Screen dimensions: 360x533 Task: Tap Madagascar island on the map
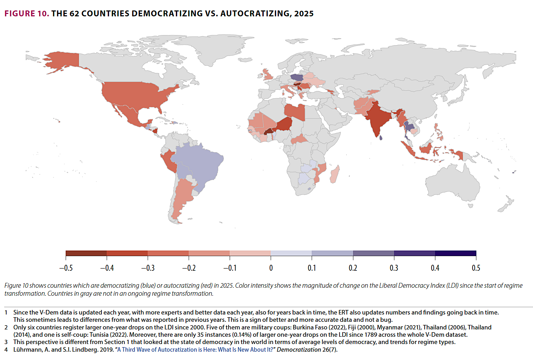coord(334,174)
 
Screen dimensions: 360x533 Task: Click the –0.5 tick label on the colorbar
coord(66,268)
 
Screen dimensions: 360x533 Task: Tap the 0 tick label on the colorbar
coord(271,268)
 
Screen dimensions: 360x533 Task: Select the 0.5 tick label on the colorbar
coord(476,268)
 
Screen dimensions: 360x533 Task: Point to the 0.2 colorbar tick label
coord(353,268)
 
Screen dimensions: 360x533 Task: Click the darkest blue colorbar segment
coord(456,253)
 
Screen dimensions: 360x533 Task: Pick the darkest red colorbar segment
coord(86,253)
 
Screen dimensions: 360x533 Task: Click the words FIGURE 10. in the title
coord(26,14)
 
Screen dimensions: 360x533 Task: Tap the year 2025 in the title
coord(304,14)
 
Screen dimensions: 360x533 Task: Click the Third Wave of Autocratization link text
coord(195,350)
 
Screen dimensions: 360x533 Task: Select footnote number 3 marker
coord(6,342)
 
